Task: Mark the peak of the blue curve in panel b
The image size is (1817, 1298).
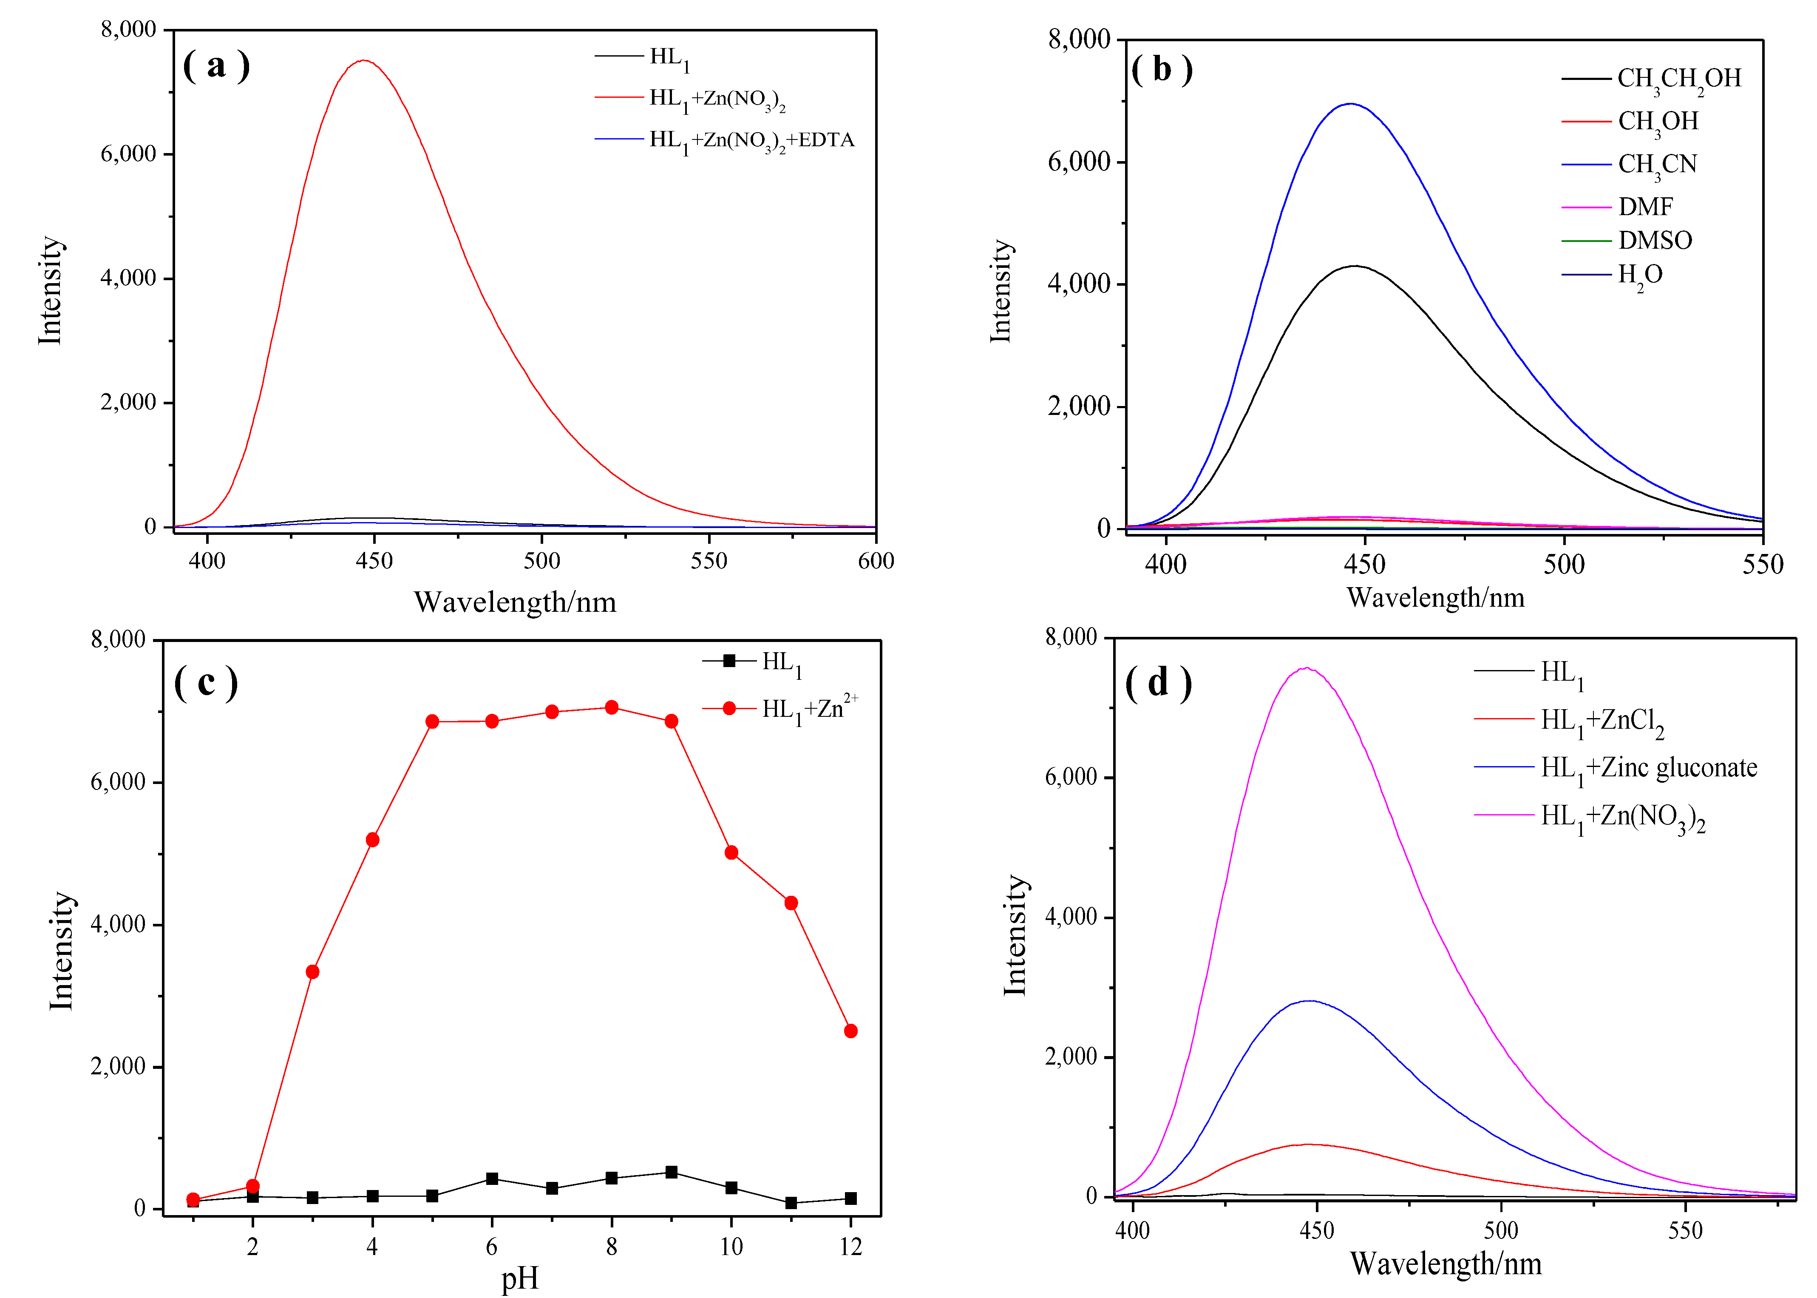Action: (1350, 104)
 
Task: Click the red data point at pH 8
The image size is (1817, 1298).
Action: (611, 707)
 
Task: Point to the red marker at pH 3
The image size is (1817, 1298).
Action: (312, 972)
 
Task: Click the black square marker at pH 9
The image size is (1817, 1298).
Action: (671, 1173)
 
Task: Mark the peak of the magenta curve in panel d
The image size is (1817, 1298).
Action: (1307, 668)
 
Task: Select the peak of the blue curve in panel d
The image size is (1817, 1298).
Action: (1310, 1001)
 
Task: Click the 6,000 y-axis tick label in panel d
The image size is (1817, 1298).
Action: (1071, 777)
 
